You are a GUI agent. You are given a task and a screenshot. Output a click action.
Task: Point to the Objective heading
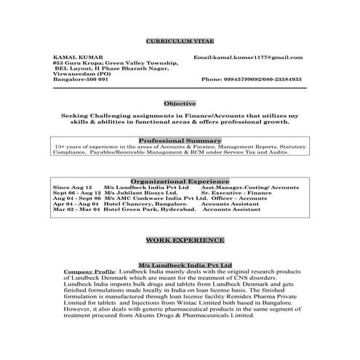click(180, 104)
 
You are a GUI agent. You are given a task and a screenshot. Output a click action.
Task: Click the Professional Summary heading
click(180, 139)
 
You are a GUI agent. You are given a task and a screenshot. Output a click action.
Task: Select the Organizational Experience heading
click(180, 180)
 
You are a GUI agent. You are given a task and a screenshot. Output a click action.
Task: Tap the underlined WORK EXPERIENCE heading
click(185, 239)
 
